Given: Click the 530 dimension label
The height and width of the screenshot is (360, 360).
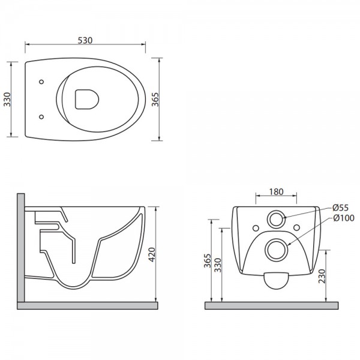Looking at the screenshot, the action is coord(85,40).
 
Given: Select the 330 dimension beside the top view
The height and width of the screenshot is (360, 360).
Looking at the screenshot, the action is coord(7,99).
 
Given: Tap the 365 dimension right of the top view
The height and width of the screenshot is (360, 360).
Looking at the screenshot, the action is coord(155,99).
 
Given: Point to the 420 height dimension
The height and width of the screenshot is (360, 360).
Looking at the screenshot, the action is coord(152,254).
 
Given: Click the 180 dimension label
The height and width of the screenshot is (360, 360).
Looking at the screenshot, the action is coord(276,192).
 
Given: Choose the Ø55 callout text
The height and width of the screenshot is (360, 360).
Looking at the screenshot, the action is coord(340,208).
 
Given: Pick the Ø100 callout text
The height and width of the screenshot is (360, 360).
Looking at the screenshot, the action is coord(343,218).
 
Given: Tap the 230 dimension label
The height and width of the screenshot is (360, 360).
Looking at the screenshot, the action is coord(322,276).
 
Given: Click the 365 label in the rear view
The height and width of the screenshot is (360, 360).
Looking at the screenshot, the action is coord(208,260).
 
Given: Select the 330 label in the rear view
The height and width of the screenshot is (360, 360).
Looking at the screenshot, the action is coord(217,265).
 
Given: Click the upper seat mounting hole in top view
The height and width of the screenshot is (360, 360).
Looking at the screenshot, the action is coord(41,82).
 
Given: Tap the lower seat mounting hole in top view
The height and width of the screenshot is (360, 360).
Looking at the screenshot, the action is coord(41,117).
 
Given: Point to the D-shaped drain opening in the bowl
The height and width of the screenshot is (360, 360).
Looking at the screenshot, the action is coord(87,99).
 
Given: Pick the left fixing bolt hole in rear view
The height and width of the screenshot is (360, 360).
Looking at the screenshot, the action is coord(256,228).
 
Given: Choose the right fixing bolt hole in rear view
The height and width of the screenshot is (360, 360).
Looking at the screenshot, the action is coord(296,227).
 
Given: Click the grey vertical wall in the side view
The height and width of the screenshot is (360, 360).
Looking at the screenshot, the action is coord(20,247).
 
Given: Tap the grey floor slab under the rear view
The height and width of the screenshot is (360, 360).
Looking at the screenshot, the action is coord(271,305).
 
